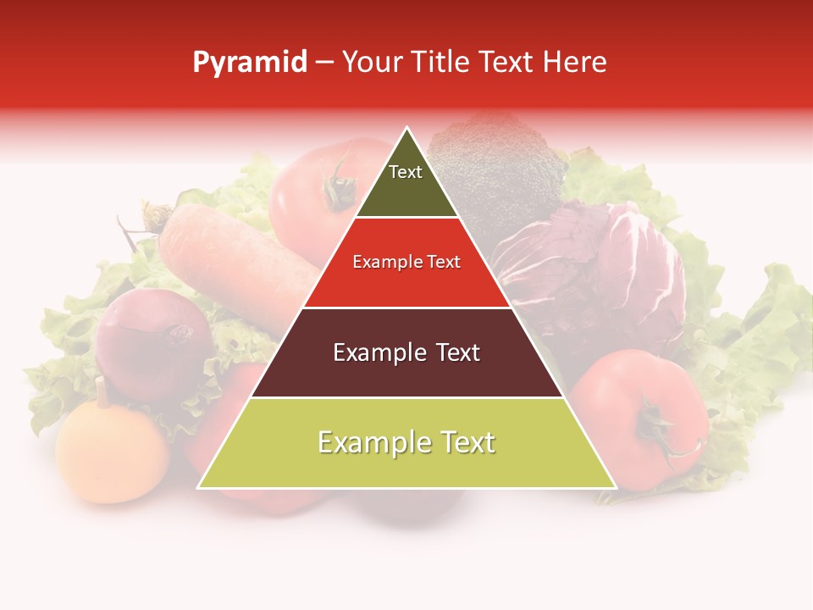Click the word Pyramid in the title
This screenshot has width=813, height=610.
(x=250, y=63)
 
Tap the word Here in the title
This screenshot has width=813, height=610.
(x=575, y=62)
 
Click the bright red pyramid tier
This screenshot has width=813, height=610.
(x=406, y=263)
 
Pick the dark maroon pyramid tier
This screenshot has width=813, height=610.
(x=406, y=352)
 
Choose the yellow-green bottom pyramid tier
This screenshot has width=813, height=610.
(x=406, y=443)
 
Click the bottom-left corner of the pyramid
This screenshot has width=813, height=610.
(x=199, y=487)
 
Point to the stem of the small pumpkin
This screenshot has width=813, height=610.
(x=101, y=391)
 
